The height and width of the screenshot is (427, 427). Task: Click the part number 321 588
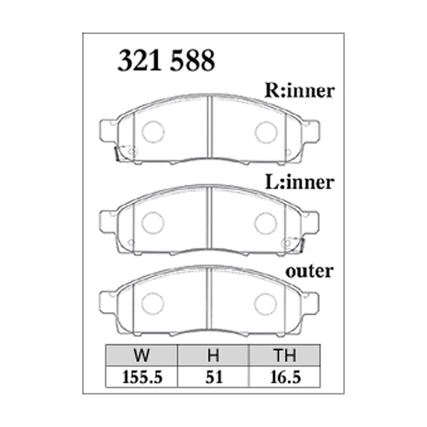[x=166, y=61]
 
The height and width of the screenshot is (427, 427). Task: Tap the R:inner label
[x=299, y=91]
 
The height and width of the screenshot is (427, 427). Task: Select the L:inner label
[x=299, y=183]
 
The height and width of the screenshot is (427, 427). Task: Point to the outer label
[x=309, y=271]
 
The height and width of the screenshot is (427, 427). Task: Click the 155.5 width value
[x=141, y=378]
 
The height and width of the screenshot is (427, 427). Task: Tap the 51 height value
[x=213, y=378]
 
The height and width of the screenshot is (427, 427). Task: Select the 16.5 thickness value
[x=285, y=378]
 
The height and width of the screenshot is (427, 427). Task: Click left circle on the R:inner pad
[x=153, y=131]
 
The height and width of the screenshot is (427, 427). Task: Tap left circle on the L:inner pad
[x=153, y=222]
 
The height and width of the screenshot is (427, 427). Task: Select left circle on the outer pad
[x=153, y=303]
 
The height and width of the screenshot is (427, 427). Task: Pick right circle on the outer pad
[x=265, y=304]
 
